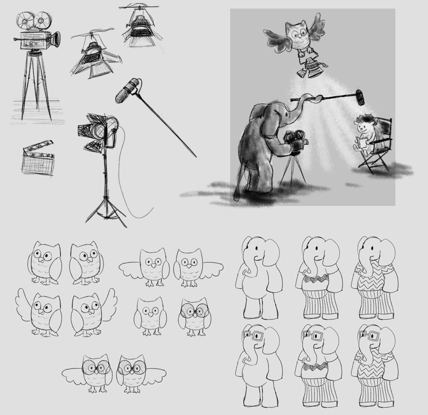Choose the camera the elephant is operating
[295, 141]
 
